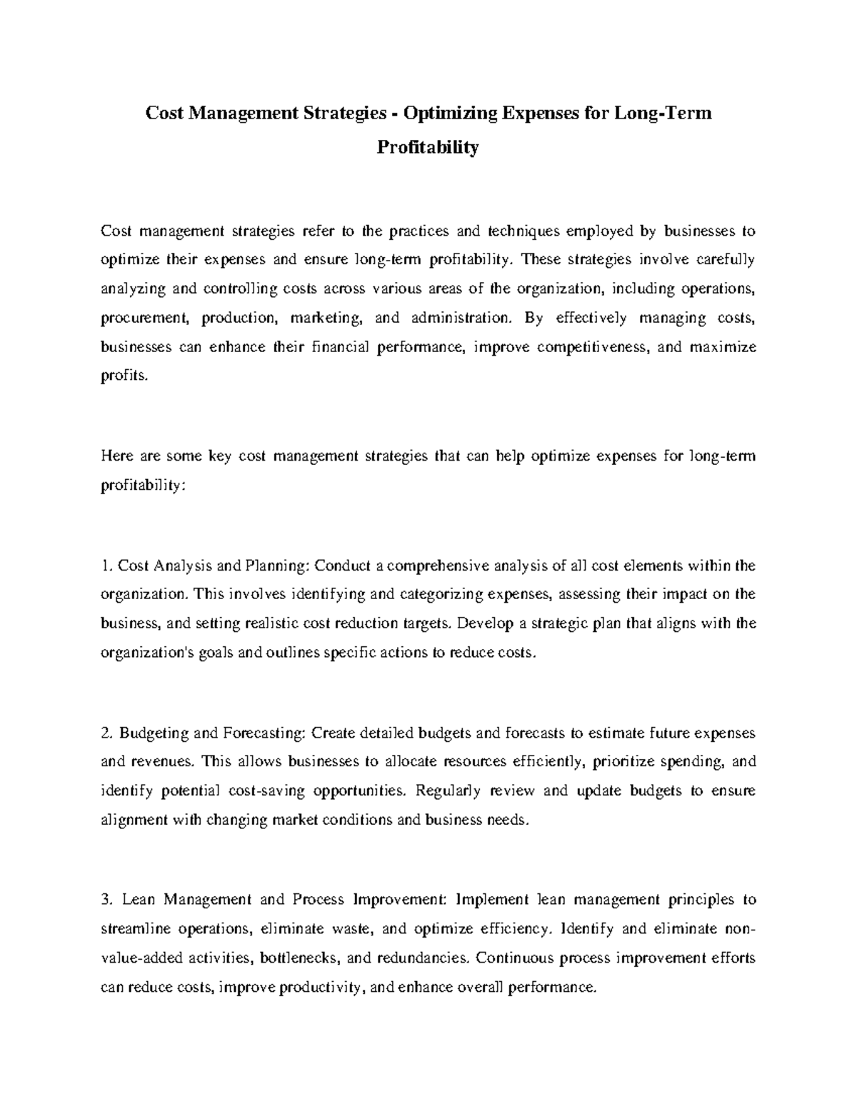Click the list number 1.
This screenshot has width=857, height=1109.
pos(106,566)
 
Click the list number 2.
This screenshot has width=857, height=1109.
pos(106,733)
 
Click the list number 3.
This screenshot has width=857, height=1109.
pos(107,900)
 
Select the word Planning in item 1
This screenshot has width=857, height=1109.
pos(276,566)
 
